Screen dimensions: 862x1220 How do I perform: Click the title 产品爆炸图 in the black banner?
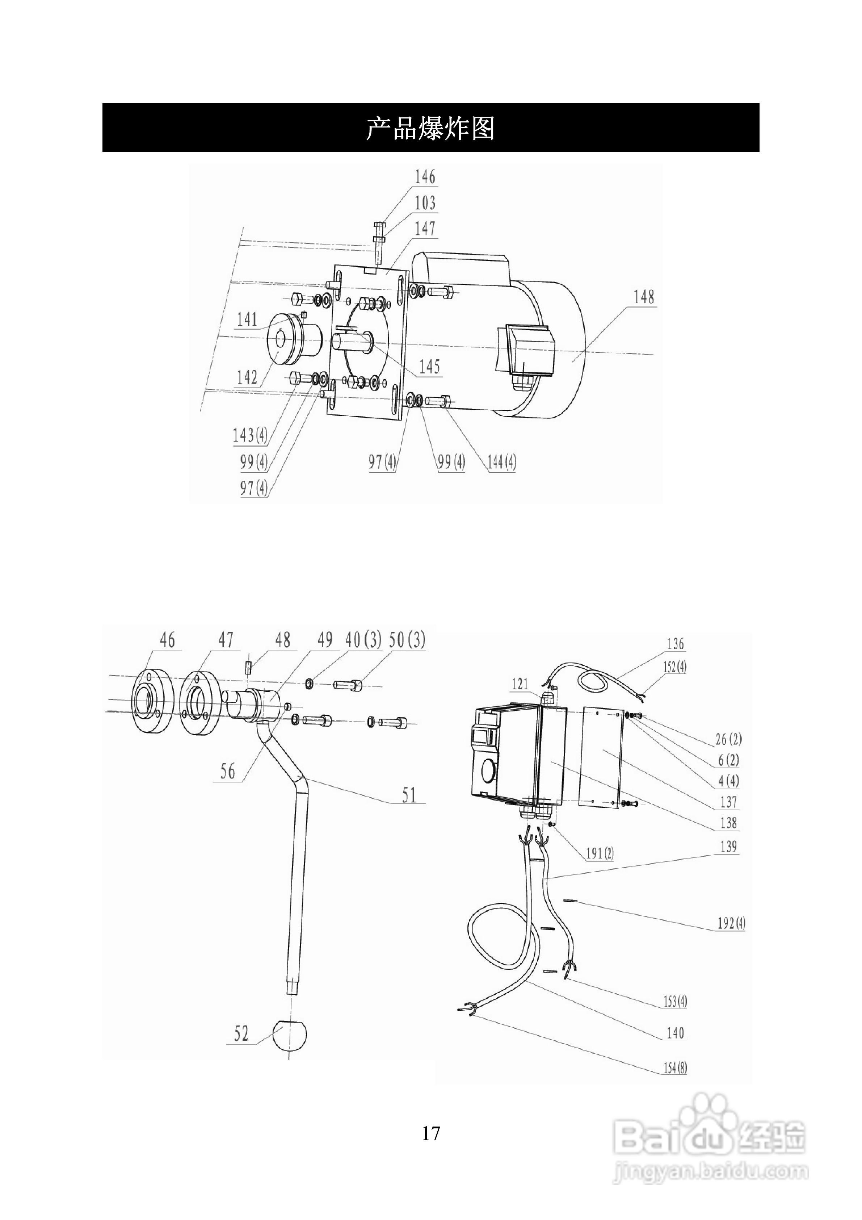(430, 128)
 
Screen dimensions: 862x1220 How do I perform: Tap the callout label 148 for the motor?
(644, 297)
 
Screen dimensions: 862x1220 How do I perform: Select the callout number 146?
(425, 177)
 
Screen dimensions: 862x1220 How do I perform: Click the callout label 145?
(429, 367)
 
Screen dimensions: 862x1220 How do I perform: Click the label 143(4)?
(250, 436)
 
